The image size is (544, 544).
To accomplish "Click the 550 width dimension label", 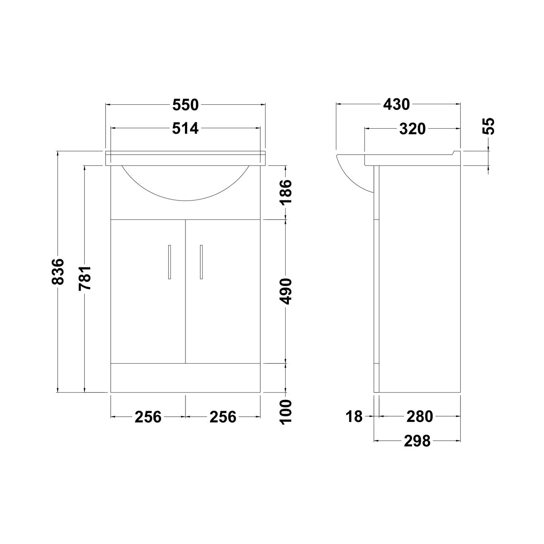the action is click(x=185, y=105).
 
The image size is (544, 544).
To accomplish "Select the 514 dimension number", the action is click(x=185, y=129).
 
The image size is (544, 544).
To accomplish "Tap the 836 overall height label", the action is click(x=58, y=271).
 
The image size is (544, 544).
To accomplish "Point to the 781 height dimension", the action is click(x=85, y=278).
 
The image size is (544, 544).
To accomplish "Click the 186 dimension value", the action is click(x=286, y=192).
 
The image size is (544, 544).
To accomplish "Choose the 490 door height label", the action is click(x=286, y=291).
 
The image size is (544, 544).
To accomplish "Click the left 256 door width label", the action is click(x=148, y=417).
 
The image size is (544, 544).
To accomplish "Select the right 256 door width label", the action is click(x=223, y=417).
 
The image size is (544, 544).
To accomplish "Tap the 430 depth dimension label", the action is click(x=396, y=105).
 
